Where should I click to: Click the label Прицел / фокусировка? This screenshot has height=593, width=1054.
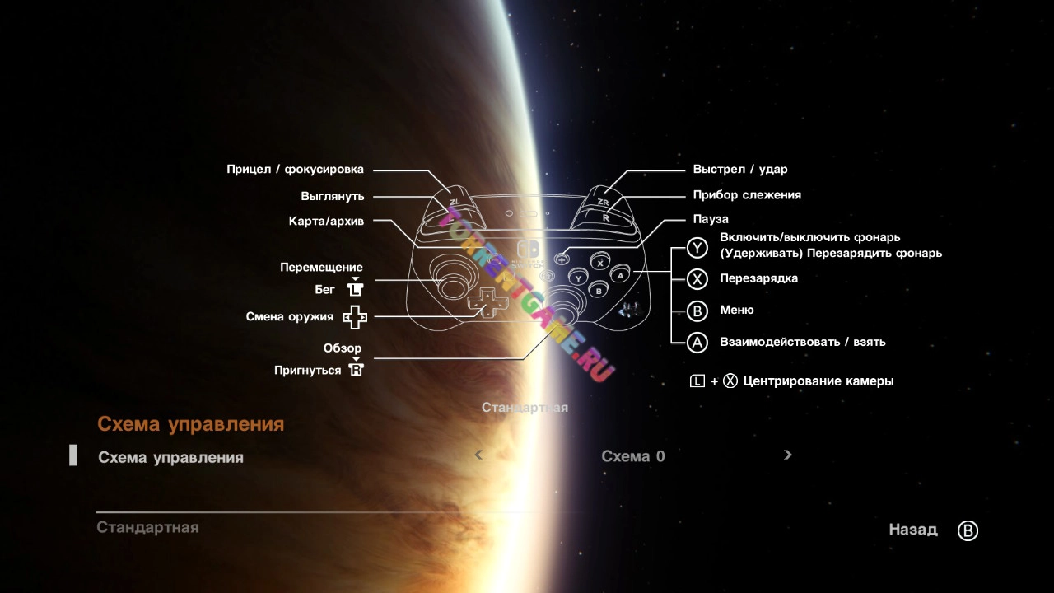point(295,170)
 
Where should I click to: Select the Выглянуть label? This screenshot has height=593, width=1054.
point(332,197)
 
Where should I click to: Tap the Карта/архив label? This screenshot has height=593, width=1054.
point(326,222)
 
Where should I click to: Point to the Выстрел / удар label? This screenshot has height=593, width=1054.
point(740,170)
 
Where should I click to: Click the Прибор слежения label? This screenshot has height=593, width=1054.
point(747,195)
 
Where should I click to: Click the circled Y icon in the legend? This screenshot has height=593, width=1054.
point(697,247)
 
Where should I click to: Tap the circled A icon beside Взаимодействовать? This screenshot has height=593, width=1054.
point(697,342)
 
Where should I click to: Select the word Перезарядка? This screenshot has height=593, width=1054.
point(758,278)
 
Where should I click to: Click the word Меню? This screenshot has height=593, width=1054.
point(736,310)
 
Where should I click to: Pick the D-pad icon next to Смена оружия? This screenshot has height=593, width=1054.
point(355,317)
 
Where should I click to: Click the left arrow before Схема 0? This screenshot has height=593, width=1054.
point(478,455)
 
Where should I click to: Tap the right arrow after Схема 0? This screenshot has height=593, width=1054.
point(788,455)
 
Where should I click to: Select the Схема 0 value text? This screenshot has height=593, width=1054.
point(632,456)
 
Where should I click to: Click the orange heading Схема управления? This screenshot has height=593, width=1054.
point(190,424)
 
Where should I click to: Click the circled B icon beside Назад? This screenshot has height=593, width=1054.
point(968,531)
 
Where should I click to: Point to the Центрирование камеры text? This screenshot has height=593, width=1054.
point(818,381)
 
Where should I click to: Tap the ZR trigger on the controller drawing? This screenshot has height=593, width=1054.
point(603,200)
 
